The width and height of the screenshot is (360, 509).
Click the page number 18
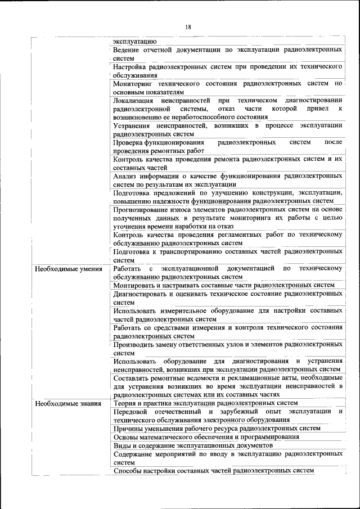(x=188, y=28)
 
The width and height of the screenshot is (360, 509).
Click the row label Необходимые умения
(x=69, y=269)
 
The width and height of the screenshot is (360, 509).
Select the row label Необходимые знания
(x=68, y=403)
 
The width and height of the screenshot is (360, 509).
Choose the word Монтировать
(x=135, y=285)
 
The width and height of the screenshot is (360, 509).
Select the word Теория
(x=125, y=403)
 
